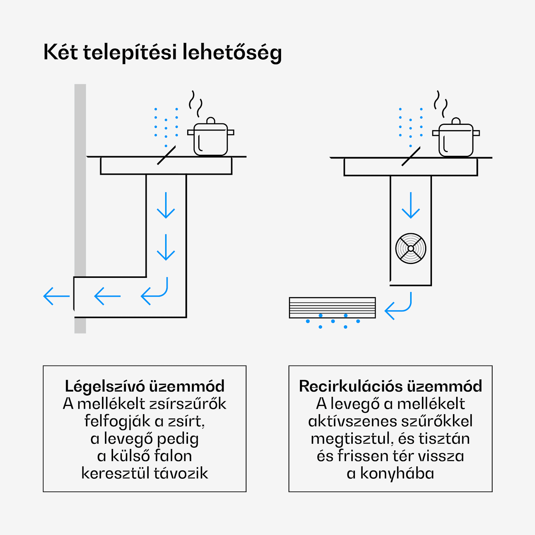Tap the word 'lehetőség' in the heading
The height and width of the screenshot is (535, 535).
pyautogui.click(x=232, y=52)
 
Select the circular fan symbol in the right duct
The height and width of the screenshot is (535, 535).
pyautogui.click(x=411, y=249)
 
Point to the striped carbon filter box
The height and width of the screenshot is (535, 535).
pyautogui.click(x=332, y=307)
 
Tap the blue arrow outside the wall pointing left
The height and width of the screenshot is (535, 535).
pyautogui.click(x=56, y=296)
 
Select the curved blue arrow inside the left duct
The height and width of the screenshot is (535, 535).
pyautogui.click(x=155, y=292)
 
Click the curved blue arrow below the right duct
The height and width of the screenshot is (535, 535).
pyautogui.click(x=399, y=307)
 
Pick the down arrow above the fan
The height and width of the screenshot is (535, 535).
pyautogui.click(x=411, y=205)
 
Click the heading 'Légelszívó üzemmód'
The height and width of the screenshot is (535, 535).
pyautogui.click(x=144, y=386)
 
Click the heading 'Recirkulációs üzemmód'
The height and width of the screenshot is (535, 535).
pyautogui.click(x=390, y=386)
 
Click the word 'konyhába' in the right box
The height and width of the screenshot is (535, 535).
pyautogui.click(x=397, y=474)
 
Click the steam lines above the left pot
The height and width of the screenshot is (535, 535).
pyautogui.click(x=195, y=103)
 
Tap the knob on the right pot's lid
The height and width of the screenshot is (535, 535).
pyautogui.click(x=456, y=121)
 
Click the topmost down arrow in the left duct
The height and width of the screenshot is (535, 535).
pyautogui.click(x=166, y=205)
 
